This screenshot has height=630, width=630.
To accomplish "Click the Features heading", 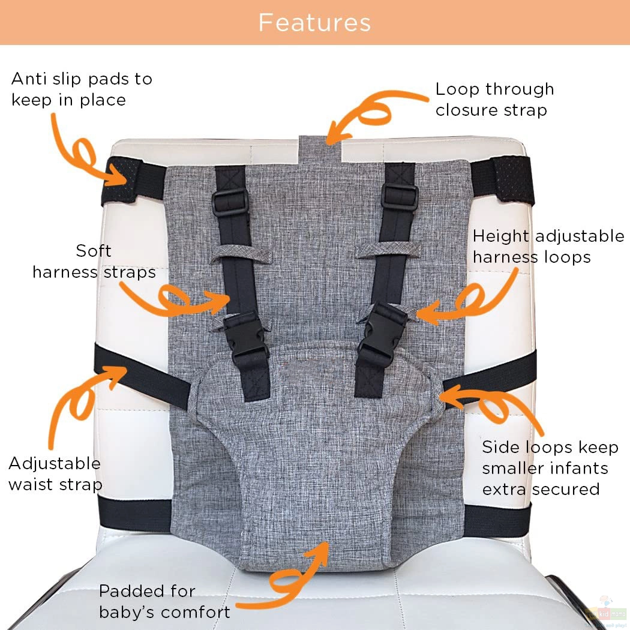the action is (314, 23).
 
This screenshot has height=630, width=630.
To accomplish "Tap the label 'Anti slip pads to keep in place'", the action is (82, 89).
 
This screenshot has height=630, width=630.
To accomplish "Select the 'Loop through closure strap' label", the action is (494, 99).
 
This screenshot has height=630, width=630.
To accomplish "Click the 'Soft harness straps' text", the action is (94, 261).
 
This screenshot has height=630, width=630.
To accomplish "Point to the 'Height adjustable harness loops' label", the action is (548, 246).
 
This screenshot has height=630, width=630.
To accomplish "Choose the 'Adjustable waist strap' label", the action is (55, 473).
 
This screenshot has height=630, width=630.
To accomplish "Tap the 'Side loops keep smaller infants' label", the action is (550, 458).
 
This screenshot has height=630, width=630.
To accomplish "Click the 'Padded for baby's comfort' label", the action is (165, 601).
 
